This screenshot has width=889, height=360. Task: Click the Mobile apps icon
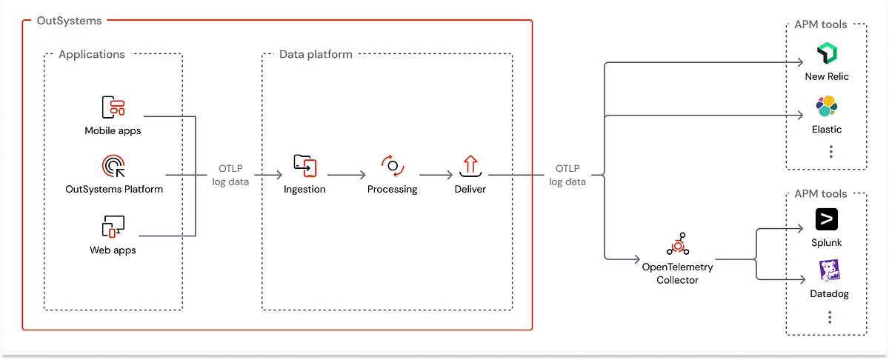point(113,107)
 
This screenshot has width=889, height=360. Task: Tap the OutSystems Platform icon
point(113,166)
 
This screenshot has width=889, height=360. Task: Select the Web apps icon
point(113,227)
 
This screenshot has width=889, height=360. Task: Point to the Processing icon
point(393,166)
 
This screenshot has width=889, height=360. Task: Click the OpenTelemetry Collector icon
point(677,246)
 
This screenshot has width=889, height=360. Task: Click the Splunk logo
point(827,220)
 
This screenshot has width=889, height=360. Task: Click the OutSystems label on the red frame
point(70,21)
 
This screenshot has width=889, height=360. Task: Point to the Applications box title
point(92,54)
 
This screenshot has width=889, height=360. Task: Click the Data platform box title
point(316,54)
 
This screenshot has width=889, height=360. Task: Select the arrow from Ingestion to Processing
point(347,176)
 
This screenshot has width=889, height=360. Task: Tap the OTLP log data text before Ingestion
point(234,175)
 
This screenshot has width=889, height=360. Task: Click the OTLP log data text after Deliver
point(567,175)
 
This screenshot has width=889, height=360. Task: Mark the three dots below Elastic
point(831,151)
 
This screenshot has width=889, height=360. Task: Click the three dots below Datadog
point(830,317)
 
